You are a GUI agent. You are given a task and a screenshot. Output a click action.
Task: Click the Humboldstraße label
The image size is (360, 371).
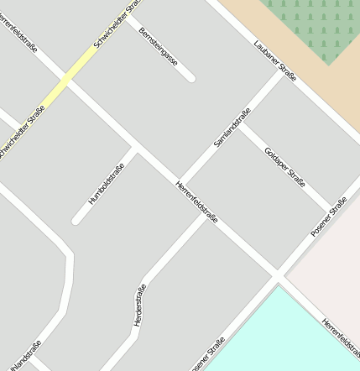pyautogui.click(x=107, y=185)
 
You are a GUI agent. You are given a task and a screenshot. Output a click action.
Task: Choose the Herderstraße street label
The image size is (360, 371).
pyautogui.click(x=139, y=305)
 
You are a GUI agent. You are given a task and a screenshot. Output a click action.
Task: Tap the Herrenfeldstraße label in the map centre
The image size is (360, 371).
pyautogui.click(x=197, y=201)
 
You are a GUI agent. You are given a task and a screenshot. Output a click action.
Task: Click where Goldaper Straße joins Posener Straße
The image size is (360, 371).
pyautogui.click(x=330, y=206)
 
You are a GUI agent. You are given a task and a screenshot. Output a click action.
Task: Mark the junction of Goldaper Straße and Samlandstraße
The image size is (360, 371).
pyautogui.click(x=241, y=123)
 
